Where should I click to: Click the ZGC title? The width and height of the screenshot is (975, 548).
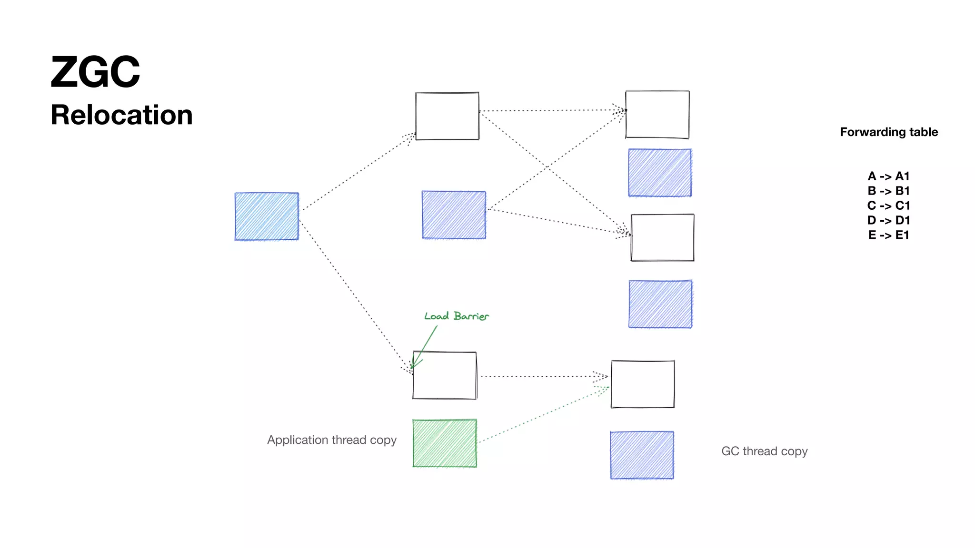(95, 72)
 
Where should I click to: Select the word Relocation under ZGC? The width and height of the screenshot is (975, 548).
(121, 115)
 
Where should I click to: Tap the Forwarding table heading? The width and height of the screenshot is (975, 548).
(888, 132)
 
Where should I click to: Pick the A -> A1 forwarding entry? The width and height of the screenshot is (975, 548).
(888, 176)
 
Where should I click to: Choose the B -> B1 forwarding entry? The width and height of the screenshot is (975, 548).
(888, 191)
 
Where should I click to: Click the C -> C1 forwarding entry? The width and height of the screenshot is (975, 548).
(888, 206)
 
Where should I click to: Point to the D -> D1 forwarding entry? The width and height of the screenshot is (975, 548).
(888, 221)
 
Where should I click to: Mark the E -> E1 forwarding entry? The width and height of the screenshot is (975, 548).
(888, 235)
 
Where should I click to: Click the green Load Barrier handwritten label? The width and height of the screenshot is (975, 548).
(456, 316)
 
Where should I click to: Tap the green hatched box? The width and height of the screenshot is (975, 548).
(444, 443)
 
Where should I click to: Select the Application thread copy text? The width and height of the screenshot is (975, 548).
(331, 440)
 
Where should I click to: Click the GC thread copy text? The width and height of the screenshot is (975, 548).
(764, 451)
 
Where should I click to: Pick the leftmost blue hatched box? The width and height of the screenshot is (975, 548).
(267, 216)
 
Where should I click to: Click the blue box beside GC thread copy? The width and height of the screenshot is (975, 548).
(642, 455)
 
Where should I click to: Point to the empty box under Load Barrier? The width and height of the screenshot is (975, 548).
(444, 375)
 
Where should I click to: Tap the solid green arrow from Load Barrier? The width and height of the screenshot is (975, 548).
(425, 345)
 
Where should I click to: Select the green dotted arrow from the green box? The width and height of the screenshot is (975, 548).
(543, 414)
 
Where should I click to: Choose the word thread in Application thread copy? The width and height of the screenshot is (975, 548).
(349, 440)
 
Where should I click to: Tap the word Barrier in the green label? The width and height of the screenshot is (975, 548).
(471, 316)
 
